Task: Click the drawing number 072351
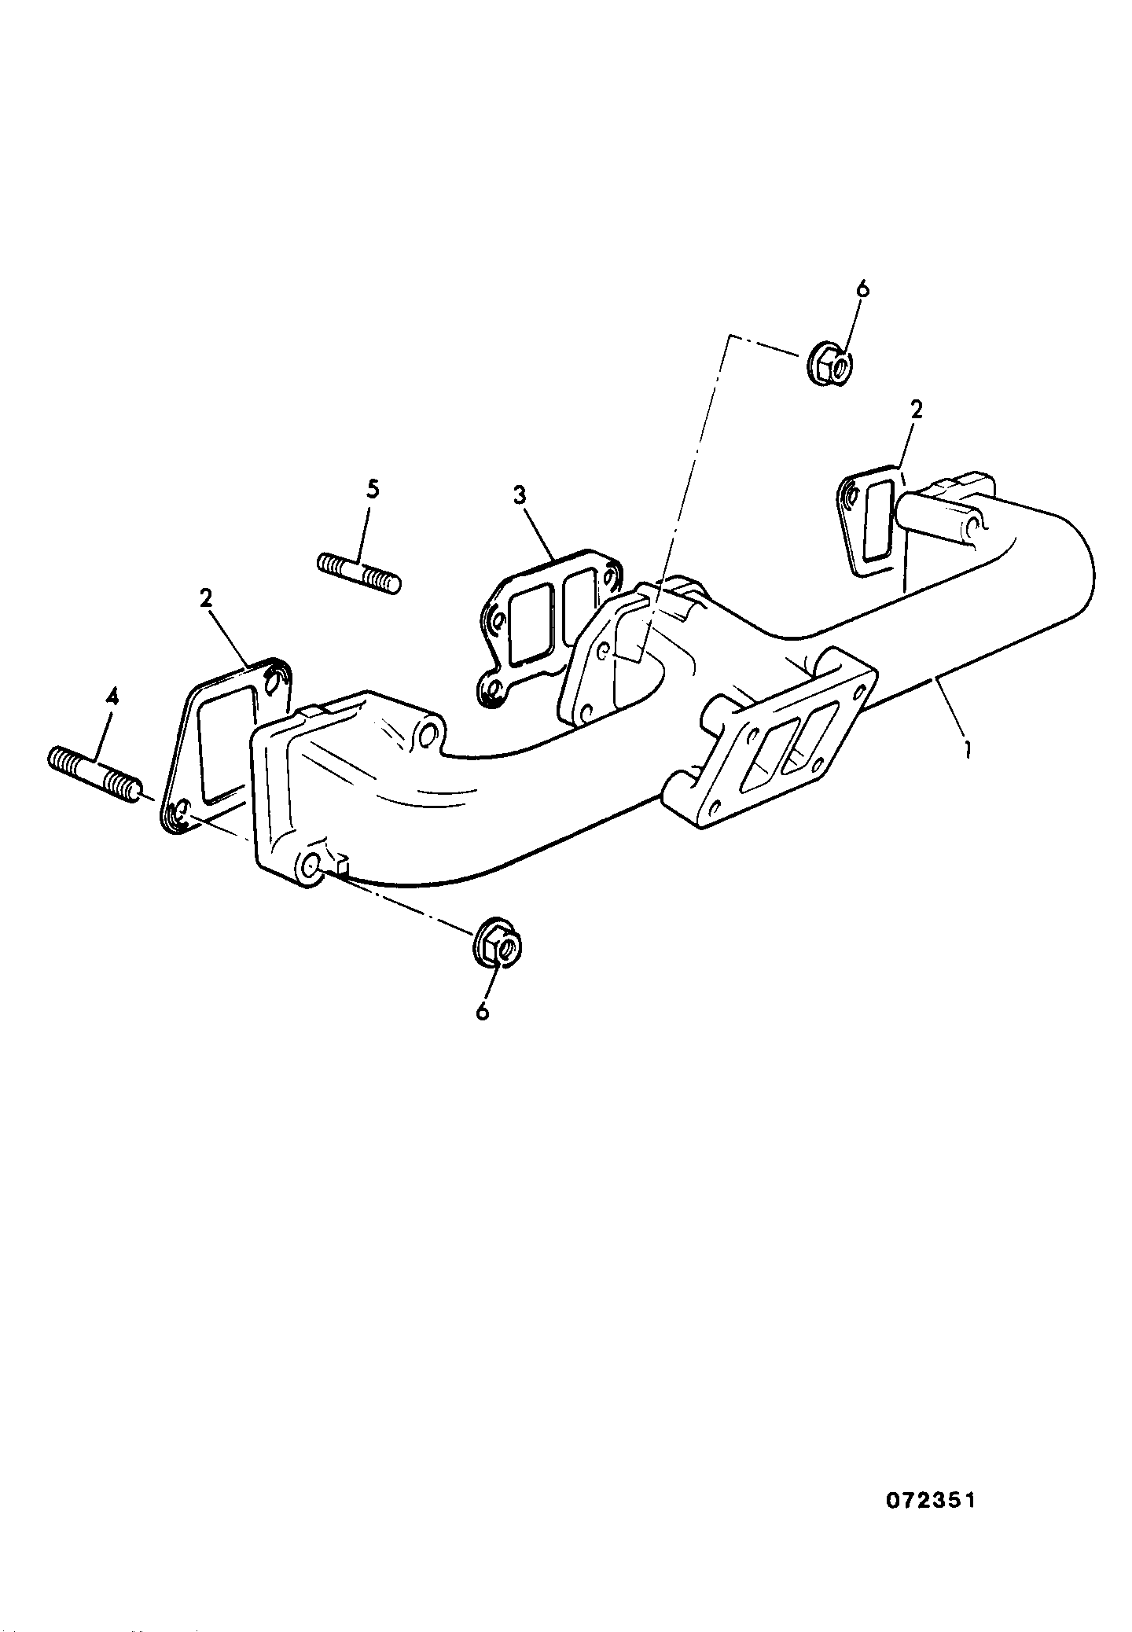(x=931, y=1500)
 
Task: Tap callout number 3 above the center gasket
(x=520, y=495)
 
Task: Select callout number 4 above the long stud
(x=112, y=697)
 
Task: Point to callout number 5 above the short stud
(x=373, y=489)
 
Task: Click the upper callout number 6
(x=862, y=289)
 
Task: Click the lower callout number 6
(x=483, y=1011)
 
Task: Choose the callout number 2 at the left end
(x=206, y=598)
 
